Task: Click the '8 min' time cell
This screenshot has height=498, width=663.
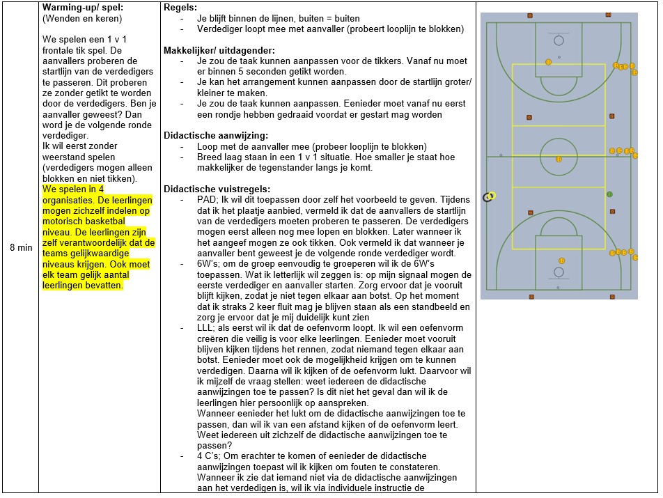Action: click(x=19, y=247)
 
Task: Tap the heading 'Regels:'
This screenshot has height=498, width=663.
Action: click(x=180, y=8)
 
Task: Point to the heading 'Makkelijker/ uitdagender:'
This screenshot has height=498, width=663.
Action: click(x=219, y=51)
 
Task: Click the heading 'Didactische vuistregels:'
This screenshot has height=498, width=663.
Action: click(x=215, y=189)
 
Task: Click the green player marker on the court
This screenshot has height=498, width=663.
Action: click(x=609, y=194)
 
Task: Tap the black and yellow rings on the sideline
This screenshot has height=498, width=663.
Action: click(x=490, y=196)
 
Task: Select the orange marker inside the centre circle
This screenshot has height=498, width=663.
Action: click(x=559, y=159)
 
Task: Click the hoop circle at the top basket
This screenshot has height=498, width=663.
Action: click(x=559, y=40)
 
